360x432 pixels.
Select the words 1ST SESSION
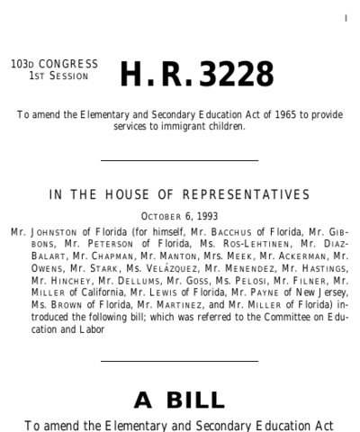(57, 76)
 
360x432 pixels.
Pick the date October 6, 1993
(181, 216)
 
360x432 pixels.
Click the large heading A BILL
(180, 399)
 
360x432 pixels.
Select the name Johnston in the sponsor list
(49, 230)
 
